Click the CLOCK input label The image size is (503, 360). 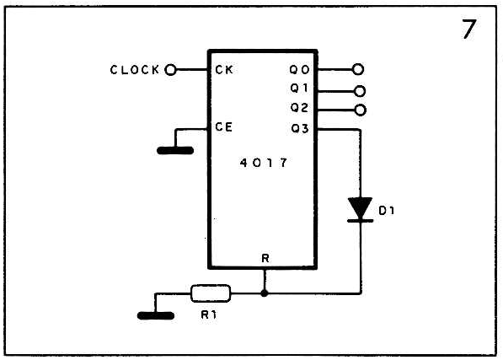click(x=135, y=70)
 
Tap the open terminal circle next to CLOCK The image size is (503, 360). click(x=170, y=70)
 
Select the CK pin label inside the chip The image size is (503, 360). click(x=224, y=70)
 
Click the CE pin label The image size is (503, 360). click(x=223, y=126)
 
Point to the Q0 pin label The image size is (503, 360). click(x=299, y=69)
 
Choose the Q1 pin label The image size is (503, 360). click(x=299, y=88)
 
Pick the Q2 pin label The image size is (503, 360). click(x=299, y=107)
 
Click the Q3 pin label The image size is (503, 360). click(x=300, y=129)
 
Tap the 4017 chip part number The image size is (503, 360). click(x=264, y=163)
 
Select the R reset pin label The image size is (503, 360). click(x=265, y=258)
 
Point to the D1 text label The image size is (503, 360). click(x=387, y=211)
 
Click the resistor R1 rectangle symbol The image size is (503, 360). click(x=211, y=293)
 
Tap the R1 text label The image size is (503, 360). click(x=209, y=314)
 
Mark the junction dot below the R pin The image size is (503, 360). click(x=265, y=293)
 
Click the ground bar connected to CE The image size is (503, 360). click(x=175, y=150)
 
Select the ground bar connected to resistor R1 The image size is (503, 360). click(x=156, y=316)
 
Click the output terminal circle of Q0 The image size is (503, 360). click(x=358, y=69)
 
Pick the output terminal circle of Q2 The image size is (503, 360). click(x=361, y=110)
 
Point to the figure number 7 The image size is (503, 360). click(x=468, y=29)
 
